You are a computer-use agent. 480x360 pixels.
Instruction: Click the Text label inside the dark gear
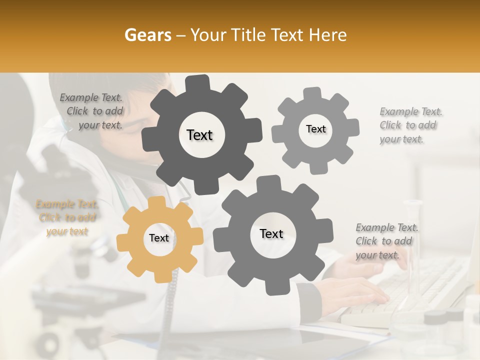tap(199, 135)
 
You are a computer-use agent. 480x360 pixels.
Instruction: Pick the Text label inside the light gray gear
tap(315, 129)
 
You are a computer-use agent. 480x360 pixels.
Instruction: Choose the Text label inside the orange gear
tap(159, 238)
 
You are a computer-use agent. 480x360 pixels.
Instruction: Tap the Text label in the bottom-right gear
tap(271, 233)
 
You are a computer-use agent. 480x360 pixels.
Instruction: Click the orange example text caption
tap(66, 218)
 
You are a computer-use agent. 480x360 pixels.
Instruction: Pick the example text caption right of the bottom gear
tap(385, 241)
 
